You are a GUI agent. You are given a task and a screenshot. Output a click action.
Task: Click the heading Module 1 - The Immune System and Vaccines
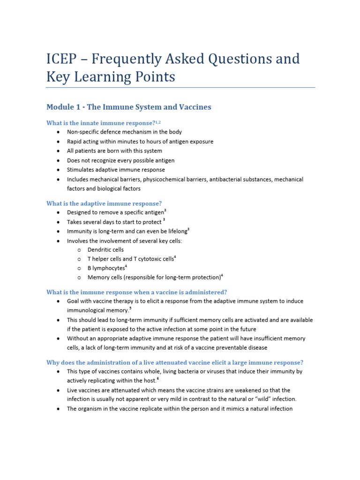pos(128,107)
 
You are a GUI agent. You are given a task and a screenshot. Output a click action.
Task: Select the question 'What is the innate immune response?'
pos(100,123)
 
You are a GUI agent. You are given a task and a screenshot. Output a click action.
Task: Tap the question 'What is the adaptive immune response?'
pos(104,203)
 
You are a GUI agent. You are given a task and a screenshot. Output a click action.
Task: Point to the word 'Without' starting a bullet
pos(78,338)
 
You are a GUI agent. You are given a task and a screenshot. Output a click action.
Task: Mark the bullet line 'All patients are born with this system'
pos(114,151)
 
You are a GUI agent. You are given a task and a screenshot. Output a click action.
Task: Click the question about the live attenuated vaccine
pos(175,362)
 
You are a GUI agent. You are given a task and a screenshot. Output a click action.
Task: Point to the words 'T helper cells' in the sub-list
pos(104,259)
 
